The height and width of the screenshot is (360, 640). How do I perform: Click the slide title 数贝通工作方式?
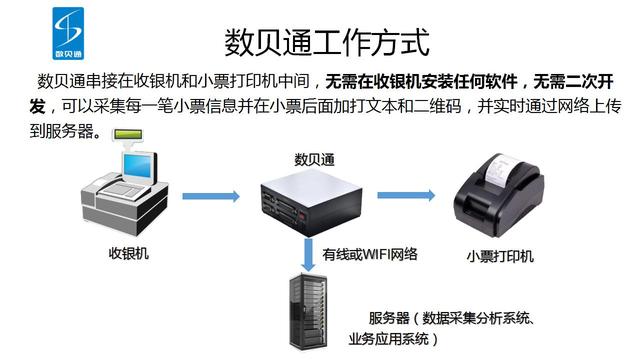click(x=326, y=43)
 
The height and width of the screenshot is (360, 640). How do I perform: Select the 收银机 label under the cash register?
click(x=129, y=253)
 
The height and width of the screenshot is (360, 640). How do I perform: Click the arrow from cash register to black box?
click(x=209, y=196)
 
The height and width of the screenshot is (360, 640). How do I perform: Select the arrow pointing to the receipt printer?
click(x=404, y=196)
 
